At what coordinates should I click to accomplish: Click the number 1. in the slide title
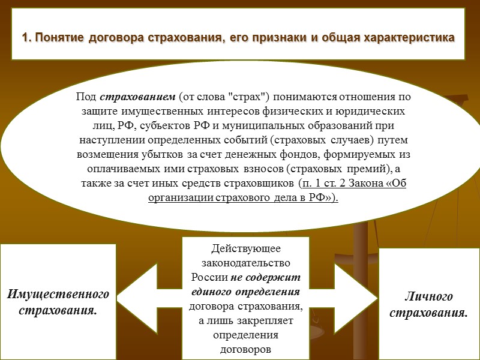27,38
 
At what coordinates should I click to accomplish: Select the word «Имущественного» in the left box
59,295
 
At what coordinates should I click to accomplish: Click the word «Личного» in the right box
428,298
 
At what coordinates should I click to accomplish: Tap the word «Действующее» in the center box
246,248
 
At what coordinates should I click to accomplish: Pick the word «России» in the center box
209,277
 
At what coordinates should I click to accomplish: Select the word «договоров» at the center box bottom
246,349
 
